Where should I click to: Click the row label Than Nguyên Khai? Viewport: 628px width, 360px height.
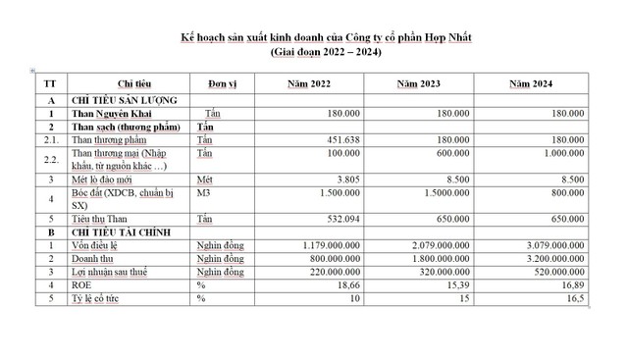111,113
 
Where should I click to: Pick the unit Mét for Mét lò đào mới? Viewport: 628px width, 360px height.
204,180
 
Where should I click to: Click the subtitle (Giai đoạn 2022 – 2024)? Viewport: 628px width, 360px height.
326,51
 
